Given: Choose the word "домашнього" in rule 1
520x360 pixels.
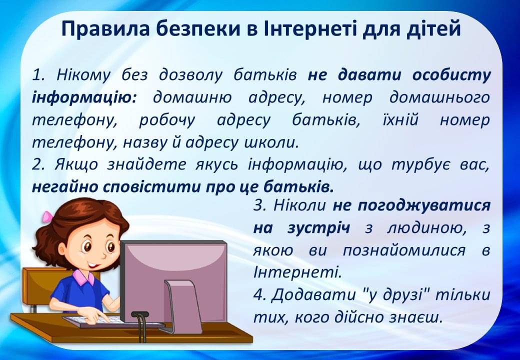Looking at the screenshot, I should tap(439, 97).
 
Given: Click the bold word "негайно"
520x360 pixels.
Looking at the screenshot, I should tap(62, 187).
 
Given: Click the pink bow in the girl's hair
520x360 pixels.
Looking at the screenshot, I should tap(47, 217).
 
